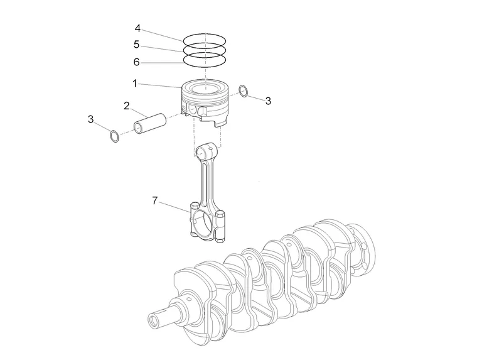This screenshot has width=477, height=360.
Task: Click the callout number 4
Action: [x=137, y=28]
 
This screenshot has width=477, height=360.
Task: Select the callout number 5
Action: [x=137, y=45]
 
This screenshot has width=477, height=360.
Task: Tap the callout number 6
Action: [x=137, y=62]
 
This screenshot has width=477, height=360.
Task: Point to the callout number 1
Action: [x=134, y=83]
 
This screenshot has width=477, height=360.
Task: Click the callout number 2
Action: [x=126, y=105]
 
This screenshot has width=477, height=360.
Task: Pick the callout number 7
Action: [x=154, y=201]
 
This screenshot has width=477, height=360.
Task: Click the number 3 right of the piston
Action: [x=268, y=101]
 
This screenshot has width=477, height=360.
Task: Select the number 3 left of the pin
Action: [x=91, y=119]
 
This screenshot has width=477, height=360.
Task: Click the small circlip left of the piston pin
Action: [x=114, y=136]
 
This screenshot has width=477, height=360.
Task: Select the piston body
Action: [x=205, y=104]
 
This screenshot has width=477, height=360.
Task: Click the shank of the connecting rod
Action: [x=206, y=182]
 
